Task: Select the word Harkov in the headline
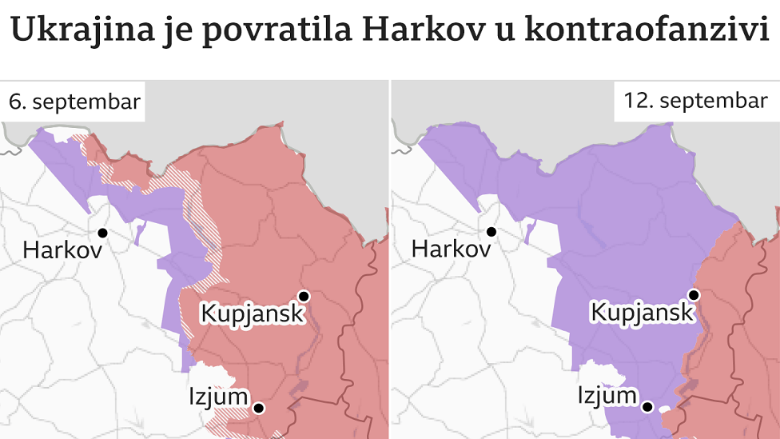(410, 31)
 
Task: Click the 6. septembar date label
(74, 102)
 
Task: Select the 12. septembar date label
(695, 101)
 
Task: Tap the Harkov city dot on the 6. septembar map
(102, 233)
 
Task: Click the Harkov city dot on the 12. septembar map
(491, 232)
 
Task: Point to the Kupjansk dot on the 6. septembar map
(304, 295)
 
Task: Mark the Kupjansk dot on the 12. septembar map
(694, 295)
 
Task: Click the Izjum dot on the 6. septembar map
(259, 408)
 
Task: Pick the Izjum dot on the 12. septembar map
(649, 407)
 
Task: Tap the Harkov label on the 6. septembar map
(62, 250)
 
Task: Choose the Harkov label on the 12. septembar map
(451, 249)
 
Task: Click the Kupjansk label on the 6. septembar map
(253, 313)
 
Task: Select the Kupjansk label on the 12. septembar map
(643, 313)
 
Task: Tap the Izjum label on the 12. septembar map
(607, 396)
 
